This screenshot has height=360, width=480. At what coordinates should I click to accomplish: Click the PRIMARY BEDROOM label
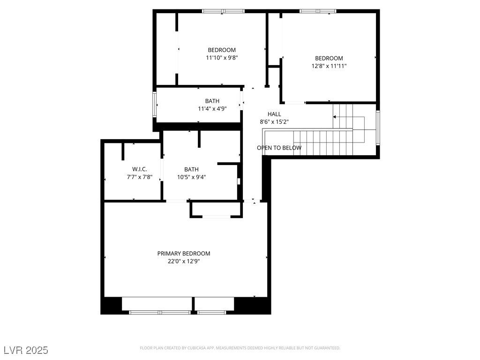pyautogui.click(x=184, y=254)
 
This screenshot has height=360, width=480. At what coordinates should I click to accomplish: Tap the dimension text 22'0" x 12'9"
pyautogui.click(x=184, y=262)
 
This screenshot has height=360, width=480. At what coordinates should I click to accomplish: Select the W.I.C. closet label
pyautogui.click(x=140, y=169)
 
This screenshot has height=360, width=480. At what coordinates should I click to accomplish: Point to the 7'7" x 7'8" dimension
pyautogui.click(x=140, y=177)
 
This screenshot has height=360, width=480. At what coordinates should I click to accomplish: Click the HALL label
pyautogui.click(x=274, y=114)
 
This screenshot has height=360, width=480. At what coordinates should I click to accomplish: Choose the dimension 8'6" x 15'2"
pyautogui.click(x=274, y=122)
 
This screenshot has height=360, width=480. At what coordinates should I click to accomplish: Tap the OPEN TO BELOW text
pyautogui.click(x=279, y=148)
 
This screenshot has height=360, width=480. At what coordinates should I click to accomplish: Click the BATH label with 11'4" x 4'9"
pyautogui.click(x=212, y=101)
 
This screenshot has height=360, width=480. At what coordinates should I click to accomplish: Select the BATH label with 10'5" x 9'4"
pyautogui.click(x=191, y=169)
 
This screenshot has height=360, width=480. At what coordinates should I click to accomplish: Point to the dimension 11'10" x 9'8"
pyautogui.click(x=222, y=58)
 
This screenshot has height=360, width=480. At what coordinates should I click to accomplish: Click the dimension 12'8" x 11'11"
pyautogui.click(x=329, y=66)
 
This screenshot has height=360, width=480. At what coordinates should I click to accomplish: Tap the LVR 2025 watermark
pyautogui.click(x=26, y=350)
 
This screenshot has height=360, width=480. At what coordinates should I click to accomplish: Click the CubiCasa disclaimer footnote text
pyautogui.click(x=240, y=348)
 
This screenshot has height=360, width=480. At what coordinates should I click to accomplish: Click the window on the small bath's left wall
pyautogui.click(x=154, y=104)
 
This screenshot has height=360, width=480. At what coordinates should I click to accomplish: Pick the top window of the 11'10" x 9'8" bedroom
pyautogui.click(x=223, y=11)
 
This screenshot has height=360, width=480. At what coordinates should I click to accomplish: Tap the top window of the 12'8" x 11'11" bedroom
pyautogui.click(x=317, y=11)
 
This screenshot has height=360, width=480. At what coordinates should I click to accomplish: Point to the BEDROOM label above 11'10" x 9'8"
pyautogui.click(x=222, y=50)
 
